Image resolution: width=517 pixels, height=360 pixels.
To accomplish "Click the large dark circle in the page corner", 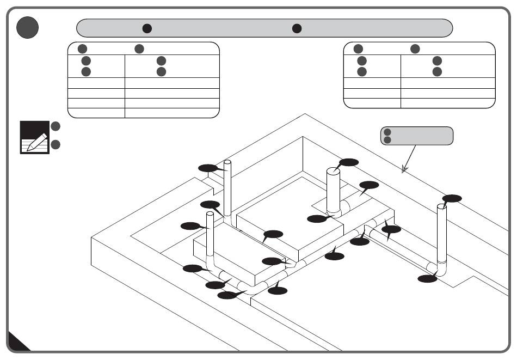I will [x=27, y=27].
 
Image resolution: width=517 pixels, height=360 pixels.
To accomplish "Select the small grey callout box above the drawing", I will [x=416, y=136].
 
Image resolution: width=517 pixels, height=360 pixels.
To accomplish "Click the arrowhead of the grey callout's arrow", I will [x=403, y=172].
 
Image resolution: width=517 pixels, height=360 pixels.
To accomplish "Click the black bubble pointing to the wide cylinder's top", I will [x=348, y=162].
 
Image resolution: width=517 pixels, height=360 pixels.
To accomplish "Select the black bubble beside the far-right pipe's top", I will [x=452, y=198].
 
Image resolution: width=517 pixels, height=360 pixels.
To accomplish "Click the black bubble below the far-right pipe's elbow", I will [x=427, y=279].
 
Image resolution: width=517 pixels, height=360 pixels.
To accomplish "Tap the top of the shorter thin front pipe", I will [x=209, y=215].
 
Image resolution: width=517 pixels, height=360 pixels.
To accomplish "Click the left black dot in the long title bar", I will [x=147, y=28].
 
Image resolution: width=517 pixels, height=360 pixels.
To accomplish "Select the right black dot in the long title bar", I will [x=297, y=28].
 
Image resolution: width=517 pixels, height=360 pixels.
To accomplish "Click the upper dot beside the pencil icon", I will [x=55, y=126].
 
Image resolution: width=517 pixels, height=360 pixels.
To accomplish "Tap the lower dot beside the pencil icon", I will [x=55, y=144].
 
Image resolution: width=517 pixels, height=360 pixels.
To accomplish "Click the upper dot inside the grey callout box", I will [x=387, y=132].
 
